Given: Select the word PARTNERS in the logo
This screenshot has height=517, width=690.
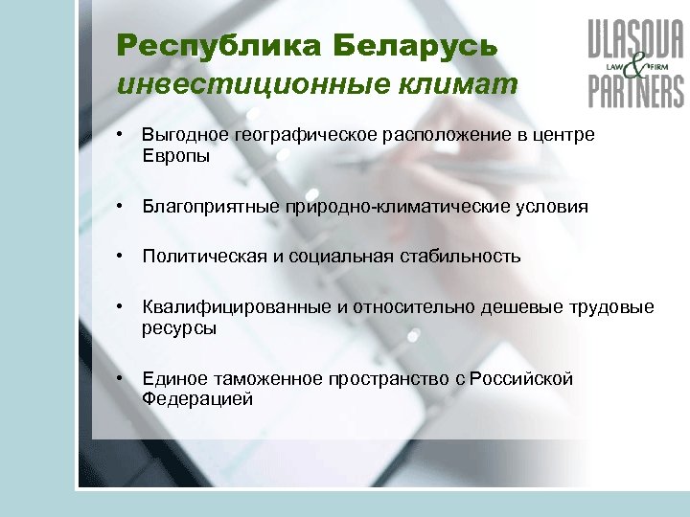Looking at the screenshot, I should [636, 92].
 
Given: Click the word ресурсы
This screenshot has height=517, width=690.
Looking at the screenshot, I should [179, 327].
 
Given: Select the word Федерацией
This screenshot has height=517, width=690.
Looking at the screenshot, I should [197, 399].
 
